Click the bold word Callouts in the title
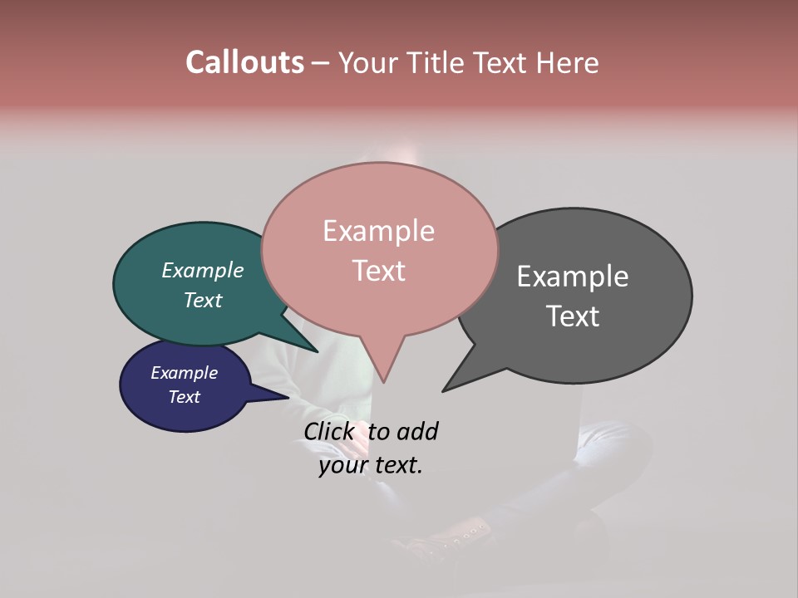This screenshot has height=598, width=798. tap(244, 62)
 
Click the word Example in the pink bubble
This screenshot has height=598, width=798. tap(378, 231)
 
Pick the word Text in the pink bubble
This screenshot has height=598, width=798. tap(378, 271)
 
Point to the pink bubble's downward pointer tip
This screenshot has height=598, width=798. tap(383, 381)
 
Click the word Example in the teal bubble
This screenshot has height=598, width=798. tap(202, 271)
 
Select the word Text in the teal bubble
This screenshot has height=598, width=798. tap(202, 300)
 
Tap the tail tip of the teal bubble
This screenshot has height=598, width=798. tap(317, 351)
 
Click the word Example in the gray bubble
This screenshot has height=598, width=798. tap(573, 277)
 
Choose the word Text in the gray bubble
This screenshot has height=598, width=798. tap(573, 316)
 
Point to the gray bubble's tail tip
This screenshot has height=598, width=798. tap(444, 390)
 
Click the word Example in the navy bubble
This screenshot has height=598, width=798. tap(184, 373)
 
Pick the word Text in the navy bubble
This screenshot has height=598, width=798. tap(184, 397)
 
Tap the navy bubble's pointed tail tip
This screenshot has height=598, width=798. tap(288, 396)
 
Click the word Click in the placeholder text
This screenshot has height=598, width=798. tap(330, 431)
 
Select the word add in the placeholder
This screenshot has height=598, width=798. tap(416, 431)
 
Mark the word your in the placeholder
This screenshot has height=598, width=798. tap(342, 466)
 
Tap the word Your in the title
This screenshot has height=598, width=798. tap(370, 62)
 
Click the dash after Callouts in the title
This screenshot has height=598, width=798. tap(321, 63)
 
